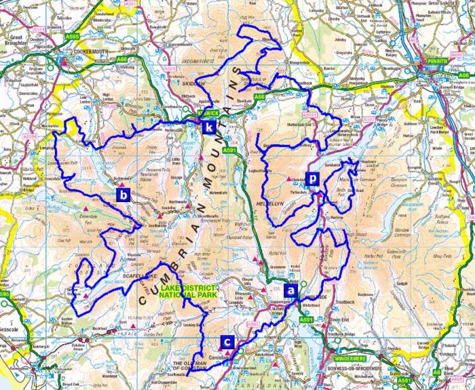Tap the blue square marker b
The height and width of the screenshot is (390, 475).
pyautogui.click(x=123, y=195)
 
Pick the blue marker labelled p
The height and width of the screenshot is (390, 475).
pyautogui.click(x=313, y=179)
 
